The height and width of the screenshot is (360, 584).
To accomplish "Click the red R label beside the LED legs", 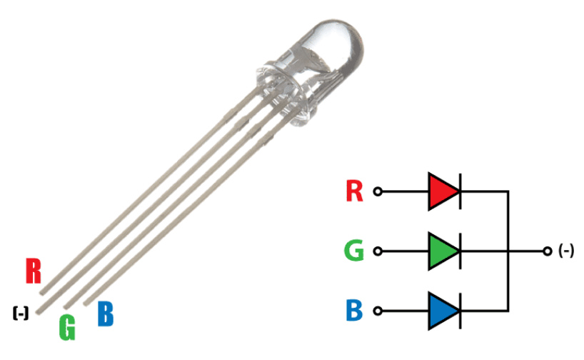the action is point(33,271).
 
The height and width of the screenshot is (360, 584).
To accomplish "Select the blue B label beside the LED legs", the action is point(105,314).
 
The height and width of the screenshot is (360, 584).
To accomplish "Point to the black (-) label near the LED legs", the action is point(21,312).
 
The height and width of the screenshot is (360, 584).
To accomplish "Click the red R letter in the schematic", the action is point(354,191).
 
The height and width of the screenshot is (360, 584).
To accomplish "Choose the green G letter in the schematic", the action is point(354,251).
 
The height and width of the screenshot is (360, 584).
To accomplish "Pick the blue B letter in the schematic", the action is point(354,311).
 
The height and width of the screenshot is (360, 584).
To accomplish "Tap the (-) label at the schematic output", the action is point(566,251).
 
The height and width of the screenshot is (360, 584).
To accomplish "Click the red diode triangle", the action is point(443,191).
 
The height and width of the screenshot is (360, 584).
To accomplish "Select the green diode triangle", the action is point(443,251).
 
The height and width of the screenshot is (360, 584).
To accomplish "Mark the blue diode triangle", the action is point(443,311).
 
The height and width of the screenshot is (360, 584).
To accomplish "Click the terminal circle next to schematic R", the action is point(378,191).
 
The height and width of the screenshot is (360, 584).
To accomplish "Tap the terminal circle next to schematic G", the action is point(378,251).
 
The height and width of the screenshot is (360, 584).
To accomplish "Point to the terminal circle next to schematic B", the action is point(378,311).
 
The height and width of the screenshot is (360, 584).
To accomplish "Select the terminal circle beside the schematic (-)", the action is point(547,251).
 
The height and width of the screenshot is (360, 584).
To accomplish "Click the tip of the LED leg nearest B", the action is point(87,302).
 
